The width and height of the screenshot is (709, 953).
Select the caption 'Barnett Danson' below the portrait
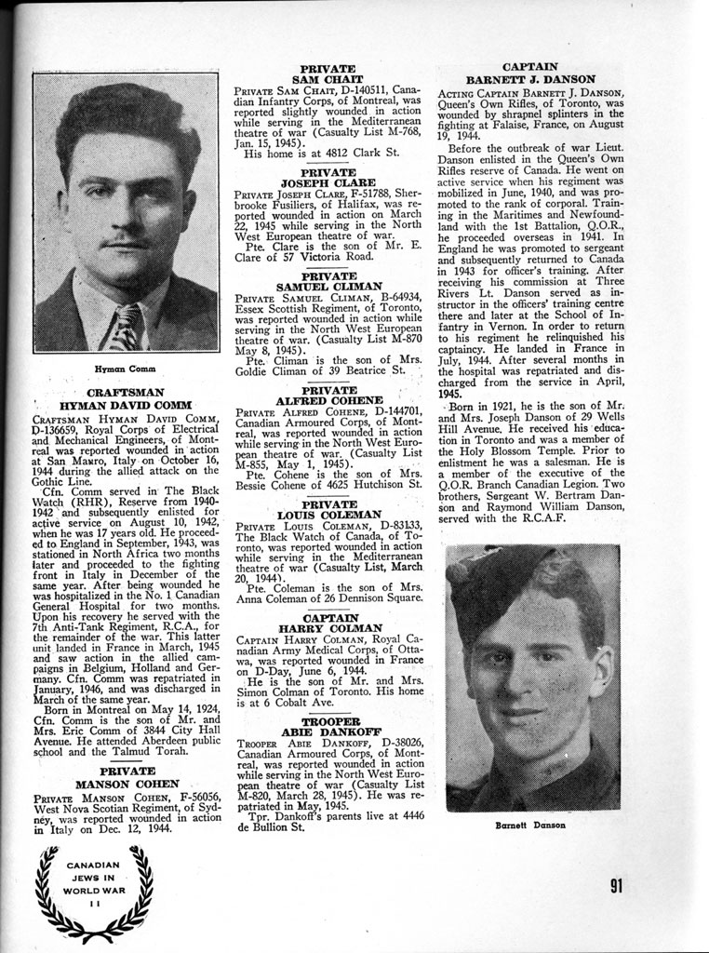point(531,825)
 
